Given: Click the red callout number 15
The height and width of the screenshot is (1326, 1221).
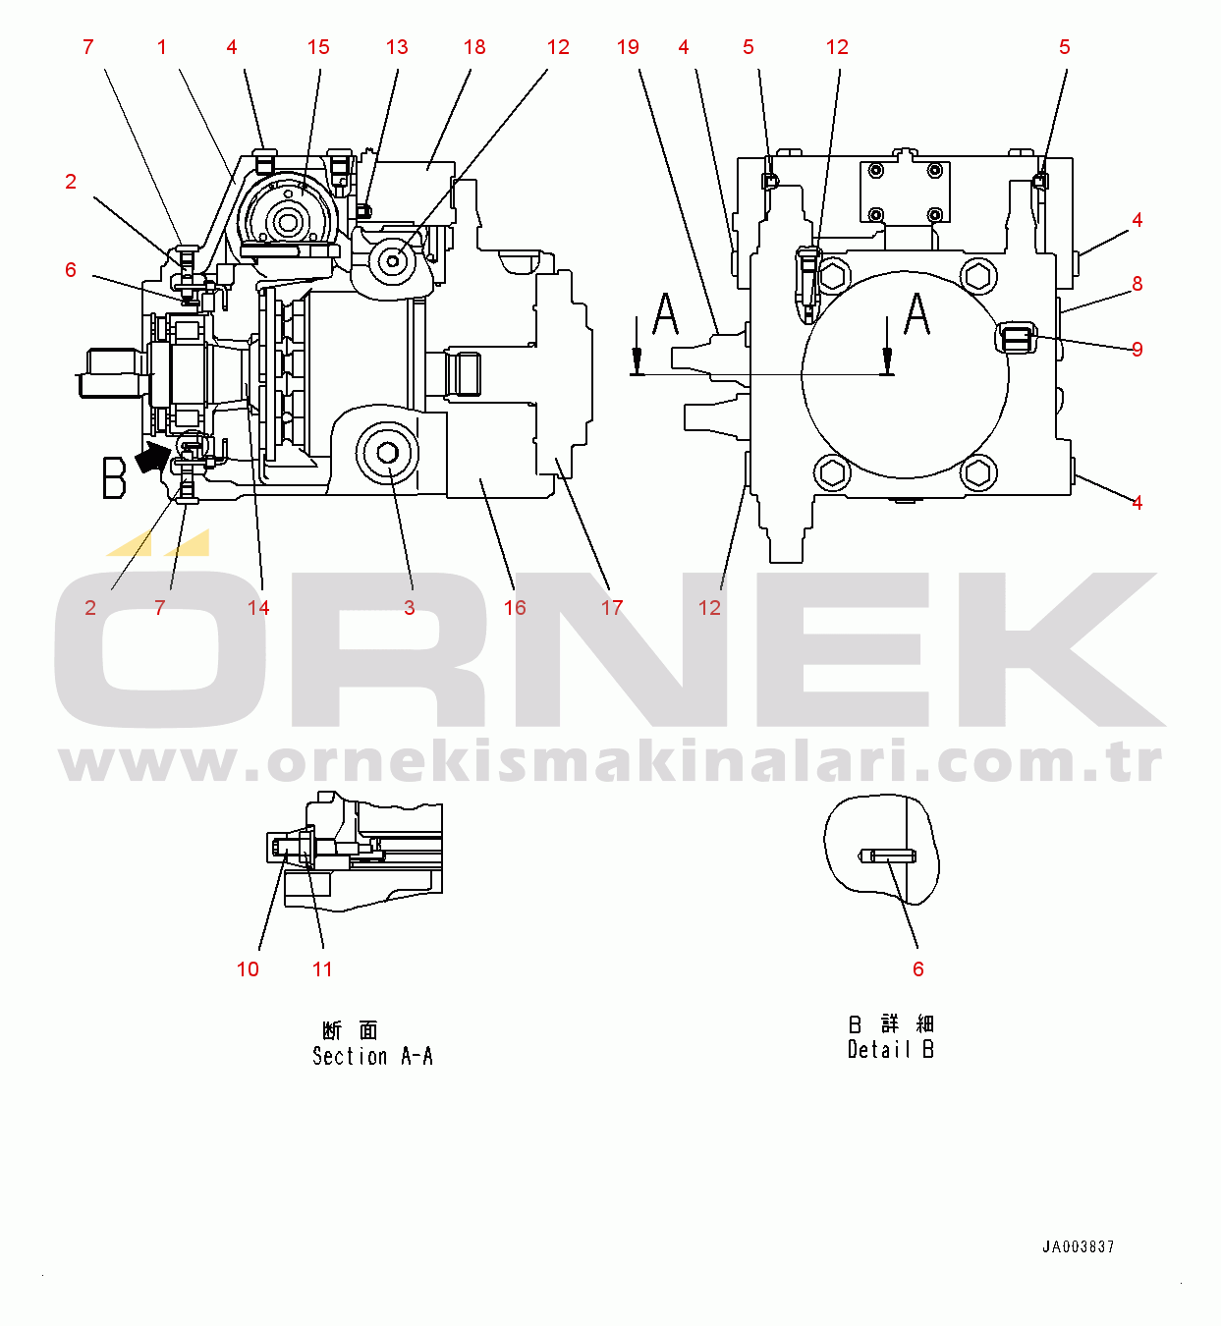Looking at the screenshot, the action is pyautogui.click(x=318, y=47).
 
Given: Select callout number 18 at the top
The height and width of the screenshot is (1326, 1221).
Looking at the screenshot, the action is pyautogui.click(x=474, y=47).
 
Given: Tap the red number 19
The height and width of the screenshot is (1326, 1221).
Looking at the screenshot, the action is pyautogui.click(x=628, y=47).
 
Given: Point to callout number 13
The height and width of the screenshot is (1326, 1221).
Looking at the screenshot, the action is pyautogui.click(x=397, y=47).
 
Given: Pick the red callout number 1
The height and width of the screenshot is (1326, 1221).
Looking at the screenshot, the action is pyautogui.click(x=162, y=47).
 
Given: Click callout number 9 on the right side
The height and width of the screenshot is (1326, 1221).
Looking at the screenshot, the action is pyautogui.click(x=1137, y=349).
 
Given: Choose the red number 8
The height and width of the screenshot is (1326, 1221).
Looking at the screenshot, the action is pyautogui.click(x=1137, y=284).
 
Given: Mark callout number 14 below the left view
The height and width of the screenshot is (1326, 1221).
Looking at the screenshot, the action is pyautogui.click(x=257, y=607).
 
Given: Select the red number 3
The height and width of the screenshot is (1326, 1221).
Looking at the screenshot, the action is pyautogui.click(x=410, y=607).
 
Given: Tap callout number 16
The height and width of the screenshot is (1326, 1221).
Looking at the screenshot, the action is pyautogui.click(x=515, y=607).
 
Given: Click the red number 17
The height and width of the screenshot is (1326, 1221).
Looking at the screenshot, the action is pyautogui.click(x=612, y=607).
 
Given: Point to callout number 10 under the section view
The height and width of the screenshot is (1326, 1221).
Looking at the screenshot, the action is pyautogui.click(x=248, y=969).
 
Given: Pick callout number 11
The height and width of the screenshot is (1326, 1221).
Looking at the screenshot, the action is pyautogui.click(x=322, y=969).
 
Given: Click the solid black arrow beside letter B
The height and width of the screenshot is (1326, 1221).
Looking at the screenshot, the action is pyautogui.click(x=151, y=457).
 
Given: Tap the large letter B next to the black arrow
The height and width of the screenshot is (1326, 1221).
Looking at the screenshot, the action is pyautogui.click(x=114, y=478).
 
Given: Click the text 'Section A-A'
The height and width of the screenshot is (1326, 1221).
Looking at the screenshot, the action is pyautogui.click(x=372, y=1056).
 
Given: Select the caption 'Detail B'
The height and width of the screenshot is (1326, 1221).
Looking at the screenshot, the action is pyautogui.click(x=891, y=1050).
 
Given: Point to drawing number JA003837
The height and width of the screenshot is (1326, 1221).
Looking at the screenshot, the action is pyautogui.click(x=1078, y=1246).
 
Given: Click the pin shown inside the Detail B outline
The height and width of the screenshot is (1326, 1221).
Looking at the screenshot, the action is pyautogui.click(x=887, y=856).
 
